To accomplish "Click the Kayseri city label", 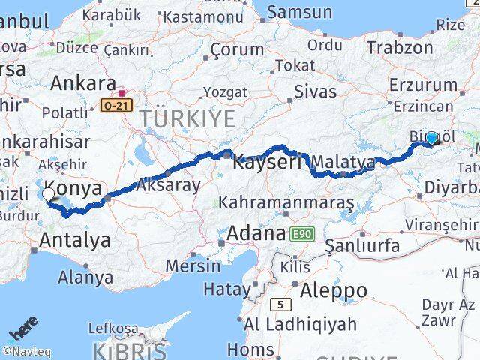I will (x=266, y=161).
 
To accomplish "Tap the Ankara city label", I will (x=82, y=82).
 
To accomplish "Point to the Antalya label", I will (x=76, y=240).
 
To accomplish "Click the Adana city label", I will (x=255, y=232).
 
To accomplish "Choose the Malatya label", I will (x=343, y=162).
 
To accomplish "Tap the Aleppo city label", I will (x=330, y=289).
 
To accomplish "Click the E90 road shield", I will (x=301, y=234).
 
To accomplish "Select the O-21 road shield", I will (x=116, y=106).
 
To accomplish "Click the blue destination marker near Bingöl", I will (x=431, y=138).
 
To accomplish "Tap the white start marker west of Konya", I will (x=49, y=195).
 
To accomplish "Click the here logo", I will (x=22, y=330).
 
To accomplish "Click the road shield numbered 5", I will (x=280, y=304).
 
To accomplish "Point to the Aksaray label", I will (x=169, y=185).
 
